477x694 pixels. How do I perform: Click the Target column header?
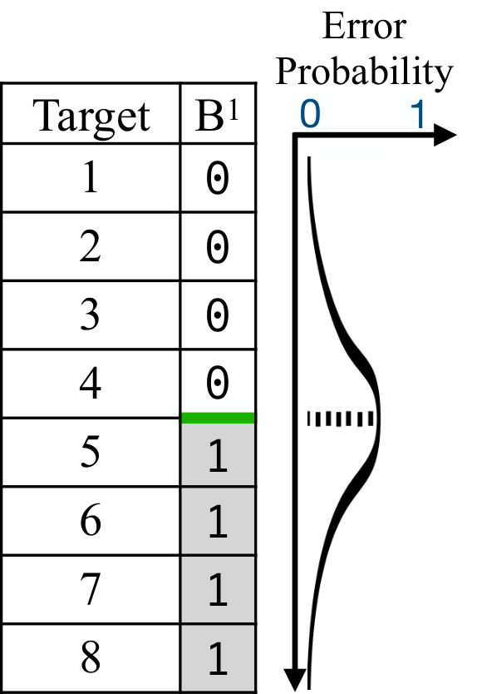point(91,113)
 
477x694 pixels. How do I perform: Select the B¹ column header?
point(218,113)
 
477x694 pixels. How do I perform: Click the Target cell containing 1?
point(91,177)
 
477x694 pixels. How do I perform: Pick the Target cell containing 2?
point(91,246)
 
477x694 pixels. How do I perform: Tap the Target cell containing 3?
point(91,315)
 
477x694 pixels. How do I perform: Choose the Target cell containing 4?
point(91,384)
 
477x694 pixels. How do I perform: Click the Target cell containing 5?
point(91,452)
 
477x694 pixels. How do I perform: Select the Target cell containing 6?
point(91,521)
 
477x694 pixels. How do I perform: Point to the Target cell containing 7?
point(91,589)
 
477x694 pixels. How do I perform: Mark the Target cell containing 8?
point(91,657)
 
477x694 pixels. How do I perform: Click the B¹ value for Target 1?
point(218,177)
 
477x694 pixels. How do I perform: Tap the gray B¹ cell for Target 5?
point(218,454)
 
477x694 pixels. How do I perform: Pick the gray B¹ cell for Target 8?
point(218,657)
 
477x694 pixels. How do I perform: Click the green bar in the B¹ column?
point(219,418)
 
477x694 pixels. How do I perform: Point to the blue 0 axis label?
point(309,114)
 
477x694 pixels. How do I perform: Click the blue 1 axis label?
point(419,114)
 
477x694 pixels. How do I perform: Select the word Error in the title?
point(364,27)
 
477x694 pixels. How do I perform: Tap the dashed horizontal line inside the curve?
point(341,419)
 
